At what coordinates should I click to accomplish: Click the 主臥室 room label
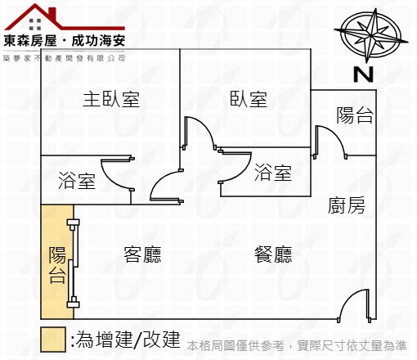[x=111, y=99]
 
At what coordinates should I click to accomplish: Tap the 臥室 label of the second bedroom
[x=249, y=99]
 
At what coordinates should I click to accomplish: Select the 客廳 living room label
[x=142, y=254]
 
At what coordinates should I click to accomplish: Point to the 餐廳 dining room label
[x=273, y=254]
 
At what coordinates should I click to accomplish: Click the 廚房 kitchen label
[x=347, y=205]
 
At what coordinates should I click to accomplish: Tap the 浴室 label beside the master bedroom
[x=77, y=181]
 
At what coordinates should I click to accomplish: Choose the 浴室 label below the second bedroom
[x=273, y=173]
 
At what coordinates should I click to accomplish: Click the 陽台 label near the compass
[x=354, y=115]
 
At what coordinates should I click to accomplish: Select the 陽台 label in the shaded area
[x=57, y=265]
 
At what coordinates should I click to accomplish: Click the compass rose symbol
[x=371, y=35]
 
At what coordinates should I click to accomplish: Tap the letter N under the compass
[x=363, y=74]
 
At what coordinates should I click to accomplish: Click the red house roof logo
[x=65, y=17]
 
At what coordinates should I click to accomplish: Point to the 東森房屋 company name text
[x=30, y=41]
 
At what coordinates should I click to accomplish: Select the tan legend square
[x=53, y=340]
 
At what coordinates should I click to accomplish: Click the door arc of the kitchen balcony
[x=336, y=137]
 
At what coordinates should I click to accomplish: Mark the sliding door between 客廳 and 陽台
[x=74, y=263]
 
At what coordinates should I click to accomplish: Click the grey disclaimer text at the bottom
[x=297, y=346]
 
